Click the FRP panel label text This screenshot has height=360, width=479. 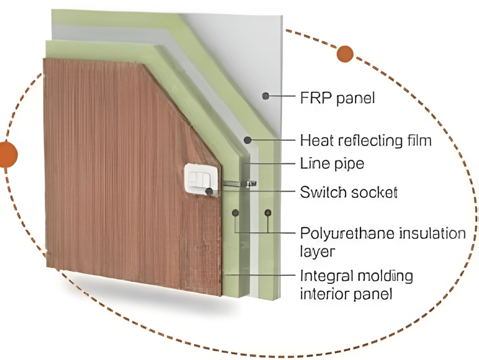[337, 98]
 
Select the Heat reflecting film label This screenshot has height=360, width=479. [365, 140]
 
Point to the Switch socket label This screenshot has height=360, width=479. [348, 192]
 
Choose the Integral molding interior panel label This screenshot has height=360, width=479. [356, 285]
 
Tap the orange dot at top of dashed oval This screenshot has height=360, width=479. [345, 54]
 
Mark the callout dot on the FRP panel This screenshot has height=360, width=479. [266, 96]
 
